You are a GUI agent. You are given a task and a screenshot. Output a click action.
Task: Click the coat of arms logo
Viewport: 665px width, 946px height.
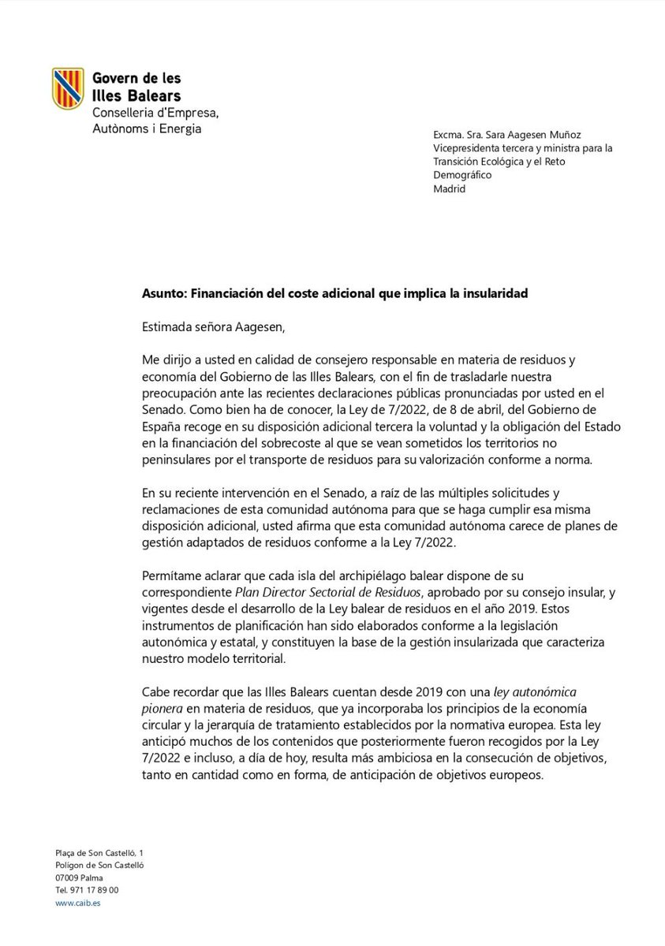68,89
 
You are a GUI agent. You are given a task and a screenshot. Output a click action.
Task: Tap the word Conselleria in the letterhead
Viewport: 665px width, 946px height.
125,113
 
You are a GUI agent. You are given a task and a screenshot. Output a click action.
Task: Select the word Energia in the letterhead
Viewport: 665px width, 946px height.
181,128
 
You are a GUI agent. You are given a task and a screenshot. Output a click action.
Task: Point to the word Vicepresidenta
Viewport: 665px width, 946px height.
469,149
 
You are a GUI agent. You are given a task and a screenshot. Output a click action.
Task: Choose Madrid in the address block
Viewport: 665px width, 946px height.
450,188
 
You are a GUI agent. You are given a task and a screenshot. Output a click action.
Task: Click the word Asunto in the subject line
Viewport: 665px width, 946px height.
161,293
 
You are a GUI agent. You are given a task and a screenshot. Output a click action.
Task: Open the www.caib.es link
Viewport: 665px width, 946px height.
77,903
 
